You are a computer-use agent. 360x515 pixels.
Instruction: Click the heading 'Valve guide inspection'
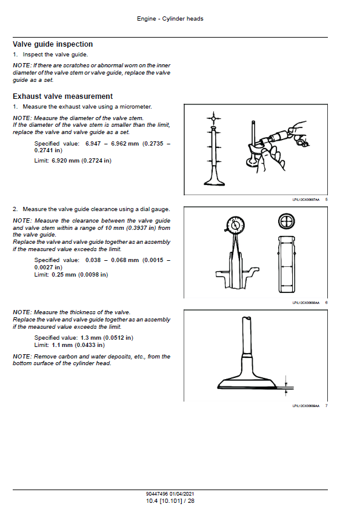coord(53,44)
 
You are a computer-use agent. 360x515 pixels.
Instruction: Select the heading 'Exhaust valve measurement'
coord(62,96)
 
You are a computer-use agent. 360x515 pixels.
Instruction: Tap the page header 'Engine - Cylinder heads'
coord(170,19)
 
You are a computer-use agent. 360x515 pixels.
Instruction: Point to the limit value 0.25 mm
coord(64,275)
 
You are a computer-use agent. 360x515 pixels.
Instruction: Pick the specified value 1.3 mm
coord(91,338)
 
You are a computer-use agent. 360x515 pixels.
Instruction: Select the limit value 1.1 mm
coord(62,345)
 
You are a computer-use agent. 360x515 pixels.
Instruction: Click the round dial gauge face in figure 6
coord(235,225)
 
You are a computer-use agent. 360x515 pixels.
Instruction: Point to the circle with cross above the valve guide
coord(286,221)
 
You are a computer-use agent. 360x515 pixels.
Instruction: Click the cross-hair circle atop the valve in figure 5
coord(214,118)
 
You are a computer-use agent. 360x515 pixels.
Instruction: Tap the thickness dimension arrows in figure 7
coord(286,385)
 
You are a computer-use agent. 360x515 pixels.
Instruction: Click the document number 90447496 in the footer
coord(157,494)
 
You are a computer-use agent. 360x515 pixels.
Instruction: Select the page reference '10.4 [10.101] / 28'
coord(170,501)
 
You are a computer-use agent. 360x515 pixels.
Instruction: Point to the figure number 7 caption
coord(326,406)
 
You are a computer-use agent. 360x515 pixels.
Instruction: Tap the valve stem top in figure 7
coord(247,318)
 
